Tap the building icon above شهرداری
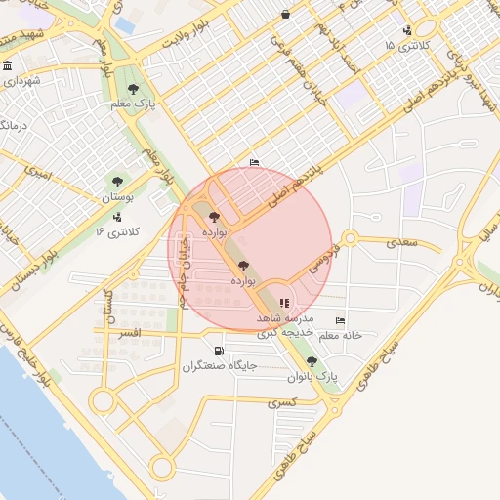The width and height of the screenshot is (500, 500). pos(8,66)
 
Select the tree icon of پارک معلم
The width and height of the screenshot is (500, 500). pos(146,89)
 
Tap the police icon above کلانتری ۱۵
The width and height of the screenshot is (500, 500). pos(406,30)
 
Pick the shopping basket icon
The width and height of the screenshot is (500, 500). pos(284,14)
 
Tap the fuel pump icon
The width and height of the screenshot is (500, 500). pos(217,351)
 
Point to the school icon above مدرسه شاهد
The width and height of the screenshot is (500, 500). pos(284,304)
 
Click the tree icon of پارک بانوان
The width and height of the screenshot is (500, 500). pos(312,360)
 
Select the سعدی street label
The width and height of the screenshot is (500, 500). pos(401,239)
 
